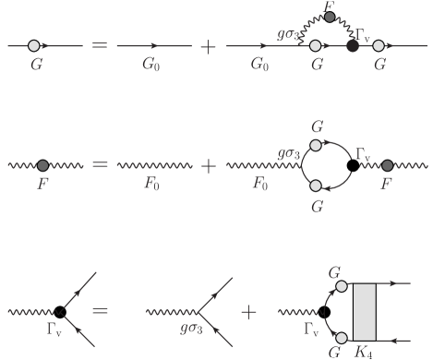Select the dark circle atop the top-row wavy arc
coord(331,17)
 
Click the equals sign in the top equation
coord(101,44)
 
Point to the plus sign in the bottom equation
coord(248,312)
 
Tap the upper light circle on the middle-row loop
coord(316,145)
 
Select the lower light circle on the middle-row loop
coord(316,186)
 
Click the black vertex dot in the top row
coord(352,44)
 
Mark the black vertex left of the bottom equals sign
coord(60,312)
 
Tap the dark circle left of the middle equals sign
coord(42,165)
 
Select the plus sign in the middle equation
coord(209,165)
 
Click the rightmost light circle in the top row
coord(379,44)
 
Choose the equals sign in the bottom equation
coord(101,312)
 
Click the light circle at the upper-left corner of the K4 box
coord(341,286)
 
